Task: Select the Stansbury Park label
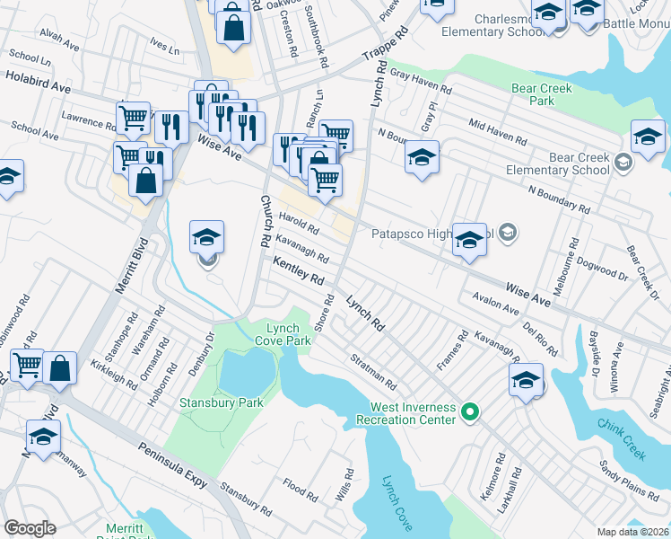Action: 222,403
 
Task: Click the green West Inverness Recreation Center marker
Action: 469,413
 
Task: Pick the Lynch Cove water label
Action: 396,502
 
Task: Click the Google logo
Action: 30,528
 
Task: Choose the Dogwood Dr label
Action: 604,269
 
